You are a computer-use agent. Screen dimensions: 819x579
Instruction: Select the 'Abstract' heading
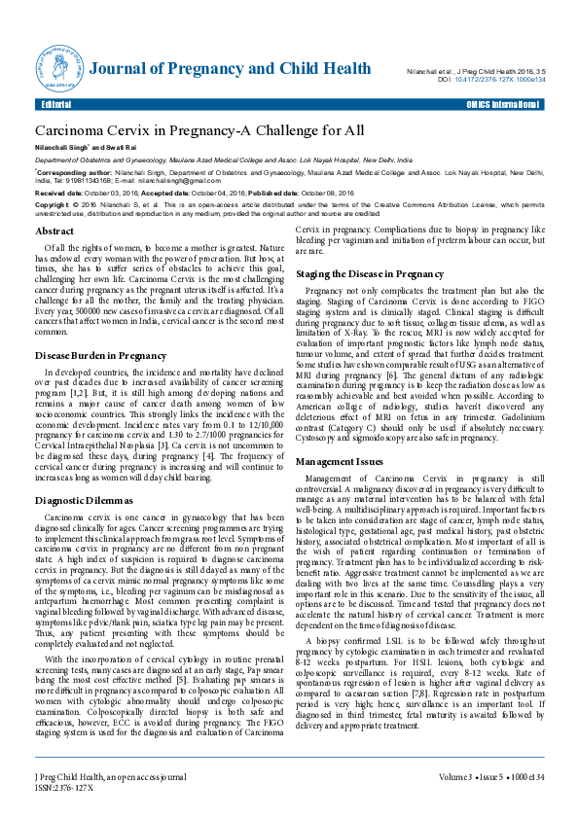point(54,231)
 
